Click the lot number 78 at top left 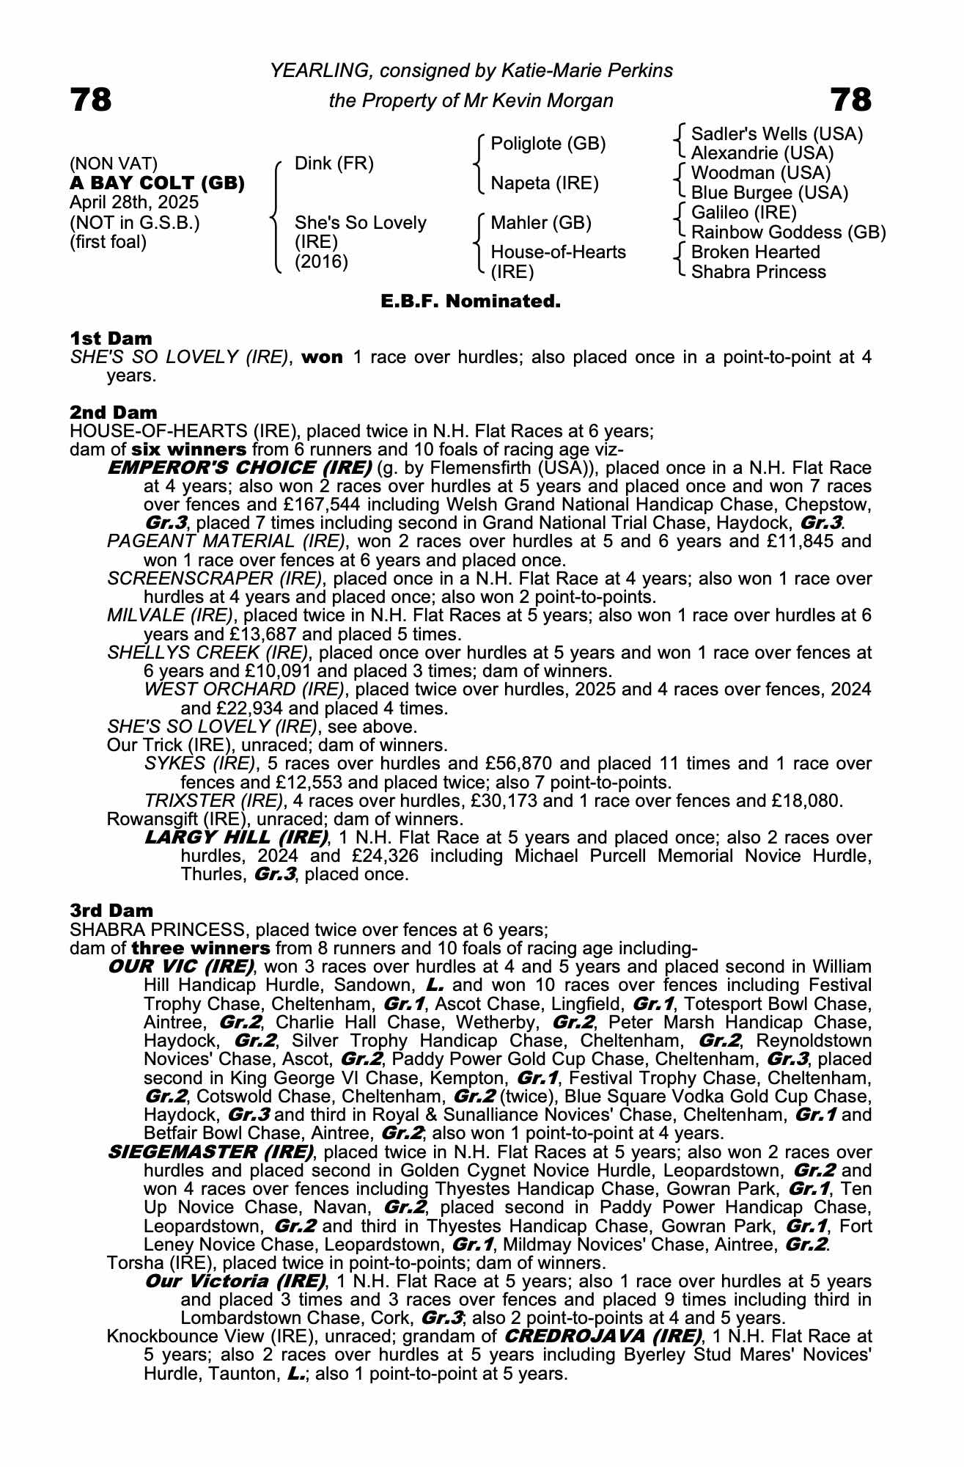(91, 100)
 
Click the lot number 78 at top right (850, 100)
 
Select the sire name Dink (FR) (334, 164)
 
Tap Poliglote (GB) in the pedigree (548, 144)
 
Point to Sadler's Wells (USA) (777, 134)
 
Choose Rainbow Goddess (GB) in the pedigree (788, 233)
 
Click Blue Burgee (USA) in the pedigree (769, 193)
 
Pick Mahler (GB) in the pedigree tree (540, 222)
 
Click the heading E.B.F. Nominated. (471, 301)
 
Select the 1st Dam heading (111, 338)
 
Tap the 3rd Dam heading (111, 910)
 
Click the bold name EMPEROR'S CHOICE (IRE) (239, 468)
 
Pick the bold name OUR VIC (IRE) (180, 967)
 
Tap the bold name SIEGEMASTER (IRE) (210, 1152)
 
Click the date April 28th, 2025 (133, 202)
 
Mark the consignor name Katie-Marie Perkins (586, 71)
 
